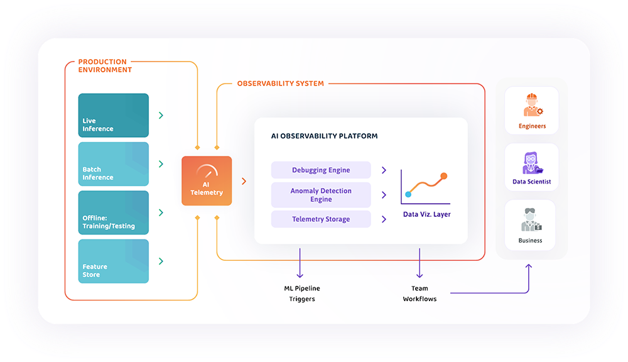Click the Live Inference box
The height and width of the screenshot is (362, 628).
(114, 115)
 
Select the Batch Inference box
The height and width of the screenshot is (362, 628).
(114, 163)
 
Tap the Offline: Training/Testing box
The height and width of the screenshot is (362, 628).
(114, 212)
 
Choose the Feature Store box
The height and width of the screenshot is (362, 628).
(114, 261)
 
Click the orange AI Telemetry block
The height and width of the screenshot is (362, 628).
(207, 181)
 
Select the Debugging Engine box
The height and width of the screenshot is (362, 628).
(321, 170)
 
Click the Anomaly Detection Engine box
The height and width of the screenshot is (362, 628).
(321, 195)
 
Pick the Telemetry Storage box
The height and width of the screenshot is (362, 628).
(321, 219)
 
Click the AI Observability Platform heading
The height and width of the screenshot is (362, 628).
(324, 136)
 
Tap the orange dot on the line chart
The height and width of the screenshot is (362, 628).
(444, 176)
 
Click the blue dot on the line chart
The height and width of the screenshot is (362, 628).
(408, 194)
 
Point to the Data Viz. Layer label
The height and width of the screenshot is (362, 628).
(426, 214)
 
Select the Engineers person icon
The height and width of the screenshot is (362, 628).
(532, 105)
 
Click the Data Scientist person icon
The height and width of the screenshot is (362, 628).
(531, 163)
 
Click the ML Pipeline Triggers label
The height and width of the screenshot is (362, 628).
(301, 293)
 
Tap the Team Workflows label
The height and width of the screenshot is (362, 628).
(420, 293)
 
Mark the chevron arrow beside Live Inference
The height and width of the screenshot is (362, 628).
(161, 115)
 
